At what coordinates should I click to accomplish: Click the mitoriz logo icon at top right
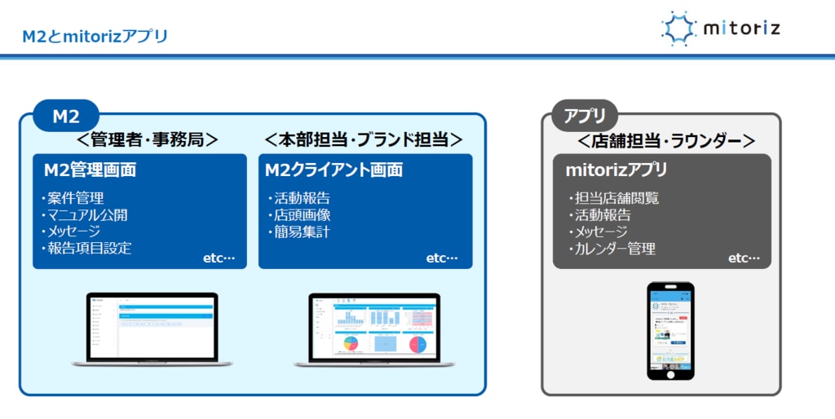pyautogui.click(x=678, y=29)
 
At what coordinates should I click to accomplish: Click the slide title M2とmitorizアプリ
pyautogui.click(x=95, y=36)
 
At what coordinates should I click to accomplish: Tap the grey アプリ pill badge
pyautogui.click(x=585, y=116)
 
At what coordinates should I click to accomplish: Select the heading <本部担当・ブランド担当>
pyautogui.click(x=364, y=139)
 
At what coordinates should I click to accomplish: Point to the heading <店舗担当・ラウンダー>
pyautogui.click(x=666, y=140)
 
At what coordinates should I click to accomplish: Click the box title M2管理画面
pyautogui.click(x=90, y=170)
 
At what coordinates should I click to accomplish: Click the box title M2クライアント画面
pyautogui.click(x=334, y=170)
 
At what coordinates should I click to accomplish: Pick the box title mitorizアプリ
pyautogui.click(x=616, y=170)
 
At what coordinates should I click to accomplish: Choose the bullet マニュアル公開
pyautogui.click(x=85, y=215)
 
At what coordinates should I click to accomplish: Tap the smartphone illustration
pyautogui.click(x=670, y=330)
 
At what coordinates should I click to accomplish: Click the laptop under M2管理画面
pyautogui.click(x=152, y=329)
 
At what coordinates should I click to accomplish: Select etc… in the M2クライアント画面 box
pyautogui.click(x=442, y=258)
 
